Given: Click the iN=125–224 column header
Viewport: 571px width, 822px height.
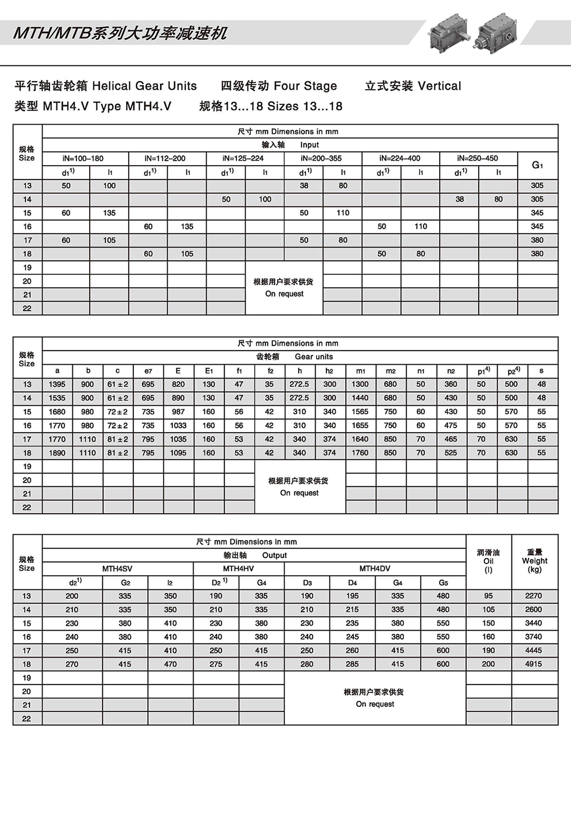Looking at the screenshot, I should (243, 158).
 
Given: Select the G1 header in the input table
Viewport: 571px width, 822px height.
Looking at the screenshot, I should (537, 165).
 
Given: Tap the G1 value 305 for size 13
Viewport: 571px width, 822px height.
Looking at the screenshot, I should (537, 185).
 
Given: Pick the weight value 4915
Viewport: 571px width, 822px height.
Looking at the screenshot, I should (533, 664).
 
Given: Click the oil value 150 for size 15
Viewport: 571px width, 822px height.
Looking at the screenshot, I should (488, 623).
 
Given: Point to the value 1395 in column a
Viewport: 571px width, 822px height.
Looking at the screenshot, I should (57, 384).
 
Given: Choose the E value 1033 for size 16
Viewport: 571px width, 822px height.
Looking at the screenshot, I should (178, 425).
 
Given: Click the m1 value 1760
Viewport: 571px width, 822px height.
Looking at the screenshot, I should (360, 453).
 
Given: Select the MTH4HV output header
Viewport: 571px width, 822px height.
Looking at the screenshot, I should (238, 569).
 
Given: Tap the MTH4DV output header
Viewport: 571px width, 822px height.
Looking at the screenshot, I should (375, 569).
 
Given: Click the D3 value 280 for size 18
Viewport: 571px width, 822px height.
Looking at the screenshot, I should (307, 664).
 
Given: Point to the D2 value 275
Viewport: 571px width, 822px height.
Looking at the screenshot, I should (216, 664).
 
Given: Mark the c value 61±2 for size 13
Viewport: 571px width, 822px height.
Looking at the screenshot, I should (118, 384).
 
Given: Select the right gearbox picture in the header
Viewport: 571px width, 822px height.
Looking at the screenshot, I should (497, 31).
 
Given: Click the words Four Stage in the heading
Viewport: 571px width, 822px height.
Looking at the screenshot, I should (305, 86).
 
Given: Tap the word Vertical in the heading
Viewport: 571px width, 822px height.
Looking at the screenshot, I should (439, 86).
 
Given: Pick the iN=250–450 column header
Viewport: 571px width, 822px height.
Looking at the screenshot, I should (478, 158).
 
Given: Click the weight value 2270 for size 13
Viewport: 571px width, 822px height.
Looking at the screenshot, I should (533, 596).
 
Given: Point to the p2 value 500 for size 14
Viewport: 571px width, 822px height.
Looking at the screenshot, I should (511, 398).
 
